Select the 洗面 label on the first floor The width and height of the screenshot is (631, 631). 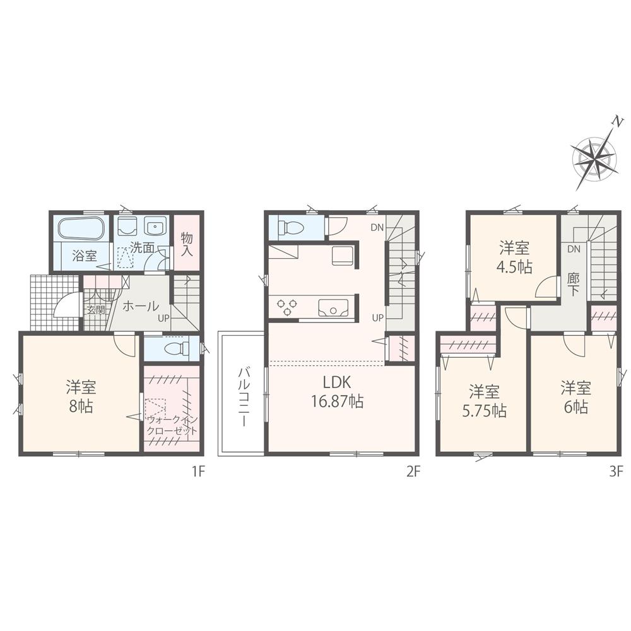tap(143, 248)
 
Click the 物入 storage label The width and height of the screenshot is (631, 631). tap(186, 243)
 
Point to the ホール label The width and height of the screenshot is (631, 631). tap(140, 306)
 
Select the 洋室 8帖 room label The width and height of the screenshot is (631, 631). tap(80, 395)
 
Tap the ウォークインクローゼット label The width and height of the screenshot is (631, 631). tap(172, 425)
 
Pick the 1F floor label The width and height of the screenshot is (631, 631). tap(197, 471)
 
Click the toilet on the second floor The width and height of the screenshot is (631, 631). tap(291, 228)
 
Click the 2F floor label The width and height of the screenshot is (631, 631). tap(413, 471)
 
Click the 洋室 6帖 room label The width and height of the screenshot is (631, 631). tap(574, 396)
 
